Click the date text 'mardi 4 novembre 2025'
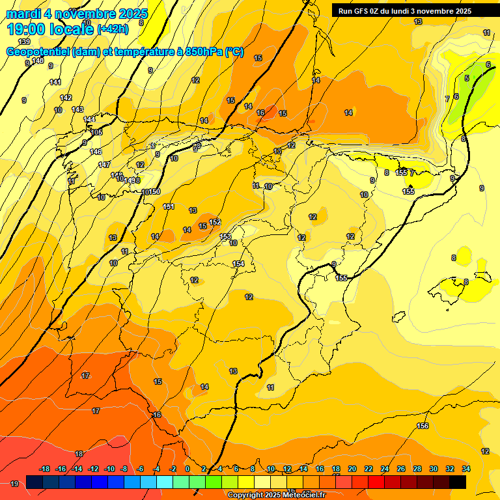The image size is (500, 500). point(77,14)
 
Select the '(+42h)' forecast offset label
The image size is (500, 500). point(113,29)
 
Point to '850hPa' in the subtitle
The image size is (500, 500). point(202,52)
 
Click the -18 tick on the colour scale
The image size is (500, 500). point(45,469)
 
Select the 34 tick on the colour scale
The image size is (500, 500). point(466,469)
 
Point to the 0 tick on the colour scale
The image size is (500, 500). point(187,469)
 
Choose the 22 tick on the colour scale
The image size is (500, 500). point(368,469)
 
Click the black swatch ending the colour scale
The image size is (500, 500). point(458,482)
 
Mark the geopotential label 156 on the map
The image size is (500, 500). point(423,426)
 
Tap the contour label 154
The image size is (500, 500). point(238,264)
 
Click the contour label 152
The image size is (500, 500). point(215,223)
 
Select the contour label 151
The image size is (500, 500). point(169,206)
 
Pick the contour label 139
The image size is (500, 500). point(24,42)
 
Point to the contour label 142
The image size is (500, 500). point(66,98)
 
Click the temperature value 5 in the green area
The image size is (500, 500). point(466,78)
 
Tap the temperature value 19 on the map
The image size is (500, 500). point(14,484)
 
